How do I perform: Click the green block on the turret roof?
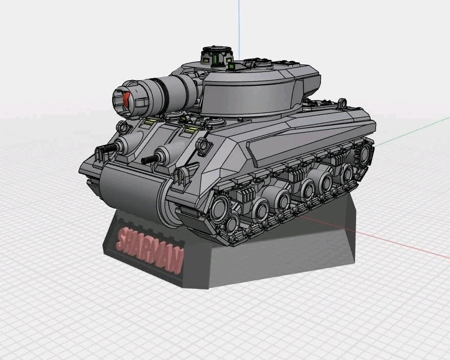(x=232, y=67)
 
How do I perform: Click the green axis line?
(x=412, y=132)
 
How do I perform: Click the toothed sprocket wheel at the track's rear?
(x=364, y=154)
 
